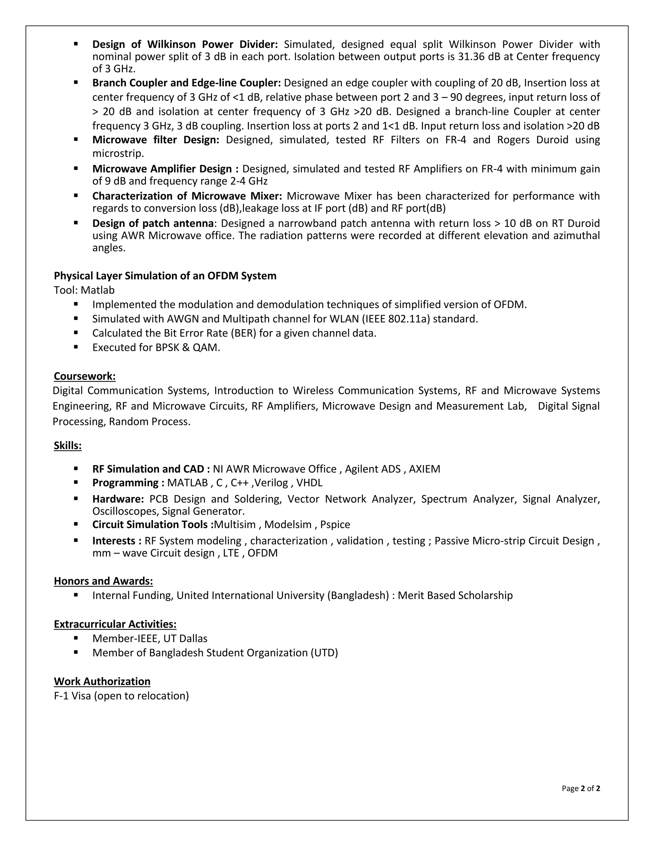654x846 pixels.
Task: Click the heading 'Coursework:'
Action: [x=84, y=376]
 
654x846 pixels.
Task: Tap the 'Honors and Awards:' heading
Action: [x=103, y=581]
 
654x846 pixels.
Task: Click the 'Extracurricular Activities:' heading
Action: [x=115, y=624]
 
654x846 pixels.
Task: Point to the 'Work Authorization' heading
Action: [x=102, y=681]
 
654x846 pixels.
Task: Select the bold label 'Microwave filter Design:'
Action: [x=156, y=140]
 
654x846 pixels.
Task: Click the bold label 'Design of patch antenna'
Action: [x=153, y=223]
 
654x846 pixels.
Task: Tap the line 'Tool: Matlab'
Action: [x=84, y=290]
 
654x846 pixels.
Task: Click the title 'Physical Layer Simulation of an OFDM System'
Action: [x=165, y=276]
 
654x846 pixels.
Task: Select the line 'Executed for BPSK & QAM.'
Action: [x=156, y=347]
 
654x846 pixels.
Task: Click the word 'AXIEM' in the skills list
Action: [x=425, y=469]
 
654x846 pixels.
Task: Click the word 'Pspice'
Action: [x=335, y=525]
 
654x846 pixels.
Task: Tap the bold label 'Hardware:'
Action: [x=118, y=499]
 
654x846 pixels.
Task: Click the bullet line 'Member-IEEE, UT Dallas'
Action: [x=149, y=638]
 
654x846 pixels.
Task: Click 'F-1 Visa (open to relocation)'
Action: [x=121, y=696]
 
